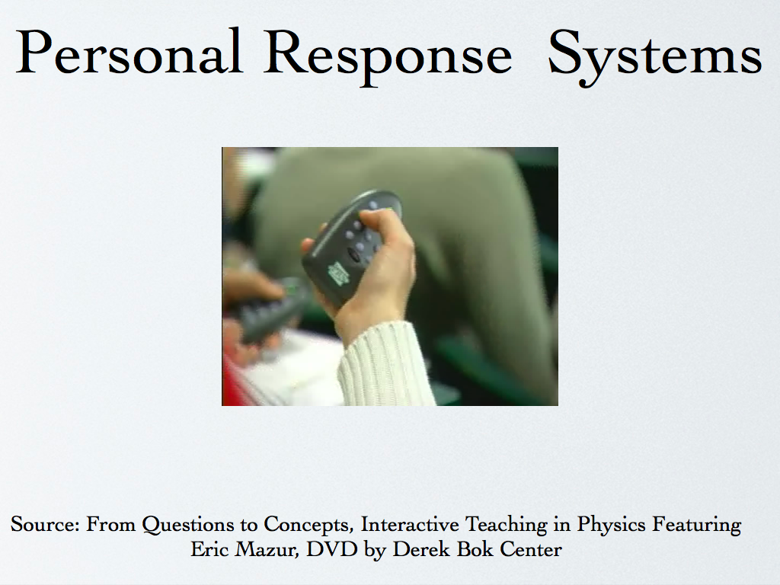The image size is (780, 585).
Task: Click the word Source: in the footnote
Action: click(45, 524)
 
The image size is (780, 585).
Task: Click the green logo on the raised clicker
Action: click(337, 273)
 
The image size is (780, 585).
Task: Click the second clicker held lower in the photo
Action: click(271, 311)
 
